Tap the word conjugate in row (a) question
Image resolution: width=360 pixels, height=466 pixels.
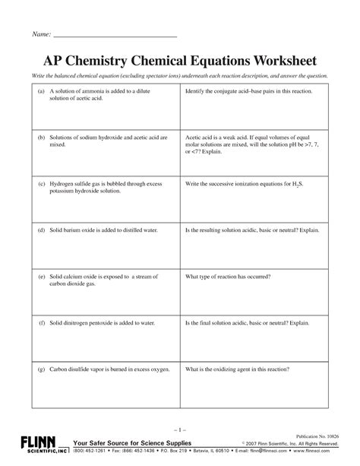[x=228, y=90]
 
